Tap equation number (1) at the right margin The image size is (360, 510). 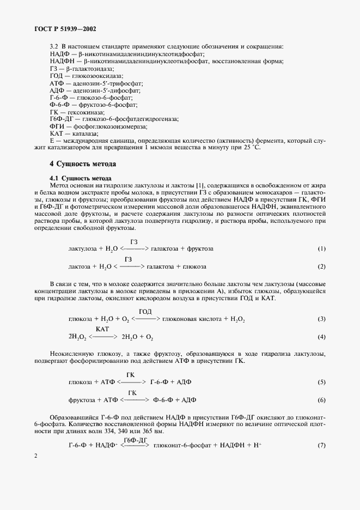point(321,249)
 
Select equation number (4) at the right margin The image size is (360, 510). point(321,337)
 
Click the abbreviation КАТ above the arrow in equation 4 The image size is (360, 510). point(103,330)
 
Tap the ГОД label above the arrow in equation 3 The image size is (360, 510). point(145,311)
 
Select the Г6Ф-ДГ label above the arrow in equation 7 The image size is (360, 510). point(135,439)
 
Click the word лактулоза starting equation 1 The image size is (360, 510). point(82,249)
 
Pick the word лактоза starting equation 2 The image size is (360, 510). point(80,266)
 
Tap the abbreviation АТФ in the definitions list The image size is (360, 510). point(57,83)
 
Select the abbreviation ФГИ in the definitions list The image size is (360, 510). point(56,125)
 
